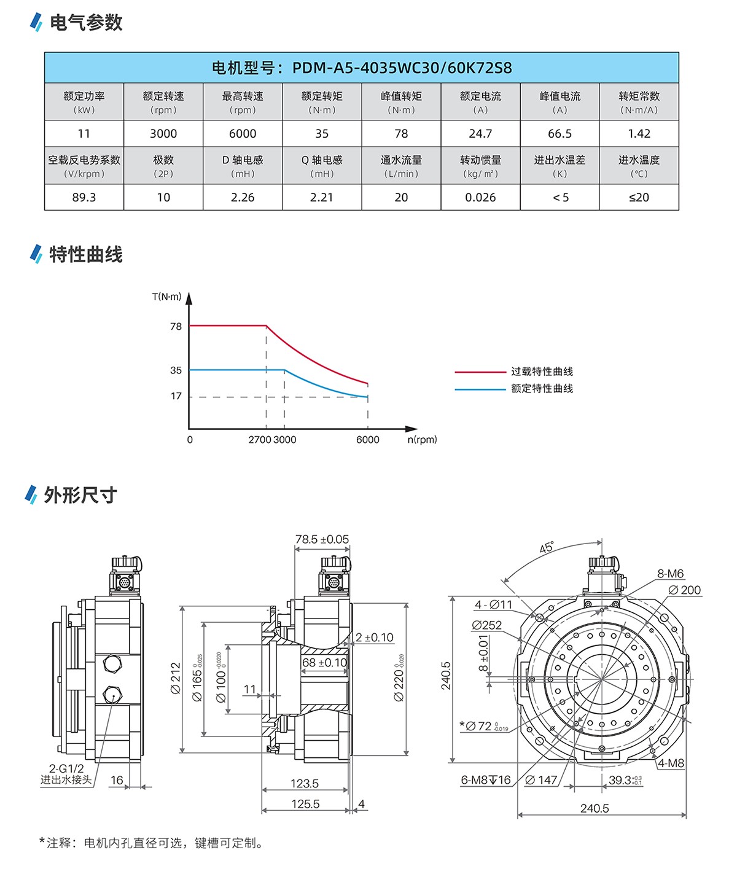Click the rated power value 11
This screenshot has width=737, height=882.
click(84, 134)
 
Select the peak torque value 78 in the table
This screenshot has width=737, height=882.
click(401, 134)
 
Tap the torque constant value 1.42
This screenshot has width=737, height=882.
click(639, 134)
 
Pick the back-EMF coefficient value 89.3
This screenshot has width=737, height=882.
click(84, 198)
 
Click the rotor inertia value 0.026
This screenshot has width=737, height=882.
click(480, 198)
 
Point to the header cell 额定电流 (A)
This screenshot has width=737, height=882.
click(480, 102)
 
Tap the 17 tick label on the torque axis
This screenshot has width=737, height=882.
click(176, 396)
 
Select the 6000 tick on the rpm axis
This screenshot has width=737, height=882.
click(368, 440)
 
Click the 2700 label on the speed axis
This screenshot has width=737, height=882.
click(259, 440)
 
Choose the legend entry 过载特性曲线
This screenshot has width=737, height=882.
click(542, 372)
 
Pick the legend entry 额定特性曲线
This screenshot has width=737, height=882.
click(542, 389)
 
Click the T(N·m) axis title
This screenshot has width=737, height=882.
click(166, 297)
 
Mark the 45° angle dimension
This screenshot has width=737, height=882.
click(546, 547)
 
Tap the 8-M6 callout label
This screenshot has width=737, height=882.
click(670, 574)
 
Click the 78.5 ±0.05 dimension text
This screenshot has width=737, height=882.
click(322, 539)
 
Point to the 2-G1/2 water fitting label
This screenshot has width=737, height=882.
click(66, 768)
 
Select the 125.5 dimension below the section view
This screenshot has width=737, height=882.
click(305, 804)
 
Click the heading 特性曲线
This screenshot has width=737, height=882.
click(86, 254)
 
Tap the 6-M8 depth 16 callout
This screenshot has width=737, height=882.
click(485, 780)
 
